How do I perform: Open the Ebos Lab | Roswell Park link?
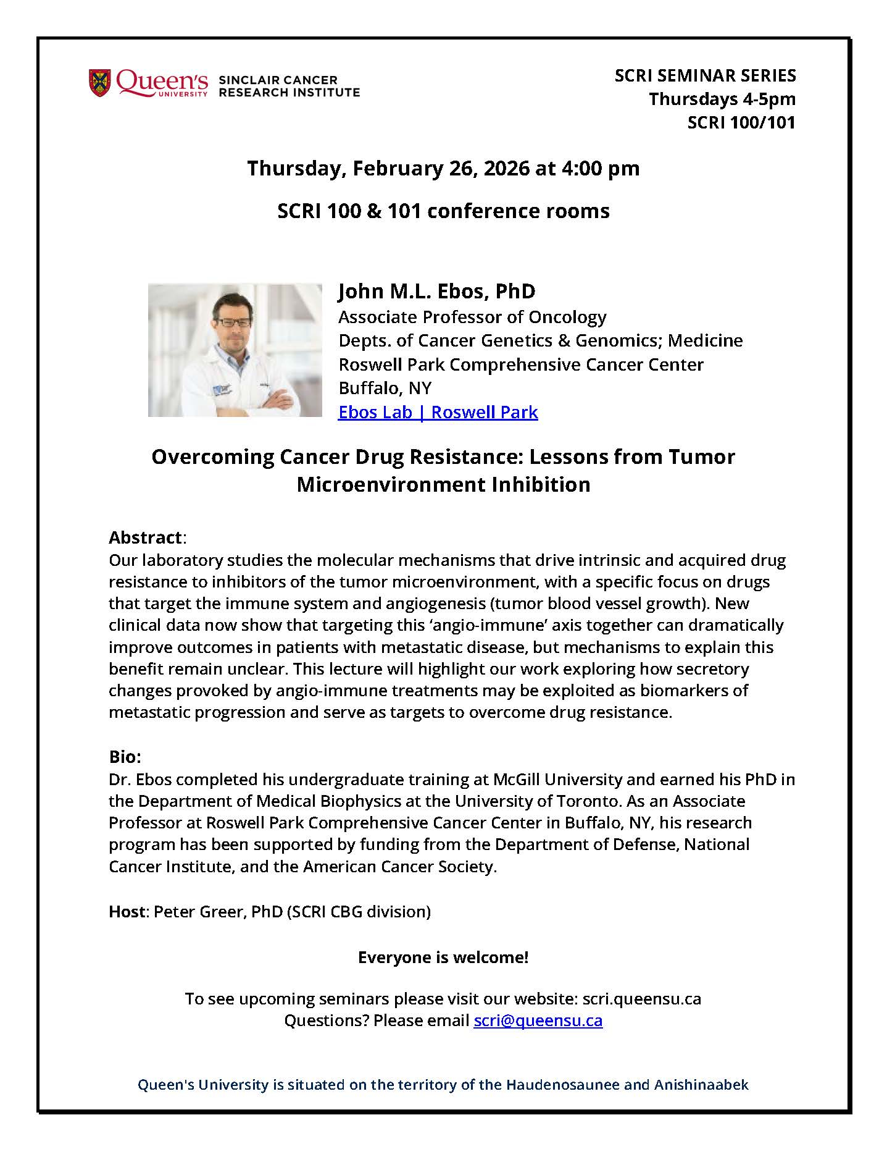[x=438, y=412]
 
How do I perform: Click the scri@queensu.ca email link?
[x=538, y=1020]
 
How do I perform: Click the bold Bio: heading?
[x=125, y=757]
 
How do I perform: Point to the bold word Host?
[x=126, y=911]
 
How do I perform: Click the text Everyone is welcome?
[x=443, y=958]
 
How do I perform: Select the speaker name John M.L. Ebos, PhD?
[x=436, y=292]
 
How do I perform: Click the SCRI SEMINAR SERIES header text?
[x=705, y=76]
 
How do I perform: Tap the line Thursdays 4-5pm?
[x=722, y=99]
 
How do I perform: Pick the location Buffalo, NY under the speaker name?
[x=385, y=388]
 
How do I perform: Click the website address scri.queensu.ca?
[x=641, y=999]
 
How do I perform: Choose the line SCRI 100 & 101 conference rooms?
[x=443, y=211]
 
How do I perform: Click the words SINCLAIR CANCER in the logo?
[x=278, y=80]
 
